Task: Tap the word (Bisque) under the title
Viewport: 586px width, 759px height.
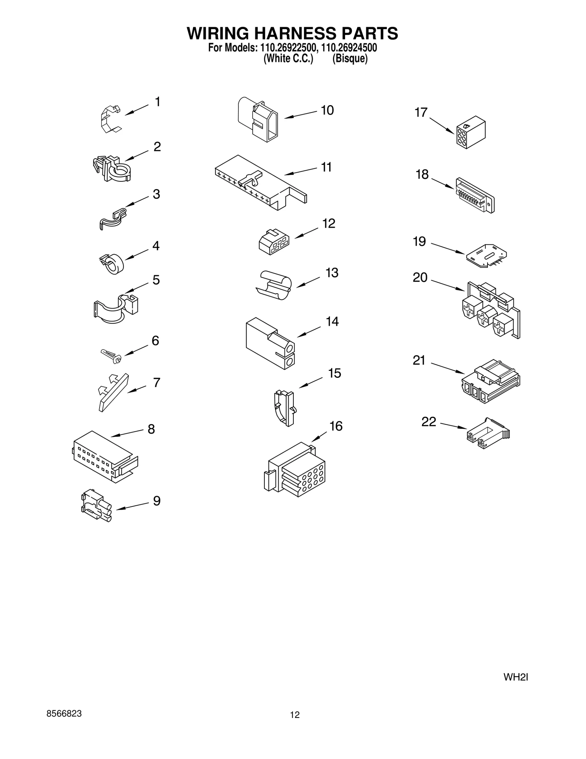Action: point(350,59)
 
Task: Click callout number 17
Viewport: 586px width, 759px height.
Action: point(421,113)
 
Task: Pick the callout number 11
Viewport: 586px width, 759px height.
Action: point(326,167)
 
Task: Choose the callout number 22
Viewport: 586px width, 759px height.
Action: point(429,422)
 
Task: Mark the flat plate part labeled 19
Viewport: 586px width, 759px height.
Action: point(486,255)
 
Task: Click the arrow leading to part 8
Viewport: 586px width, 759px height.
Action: point(127,433)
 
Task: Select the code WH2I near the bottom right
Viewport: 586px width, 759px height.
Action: point(515,677)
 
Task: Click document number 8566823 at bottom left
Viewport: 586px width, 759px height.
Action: point(64,714)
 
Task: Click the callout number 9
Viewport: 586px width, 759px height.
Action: point(157,501)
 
